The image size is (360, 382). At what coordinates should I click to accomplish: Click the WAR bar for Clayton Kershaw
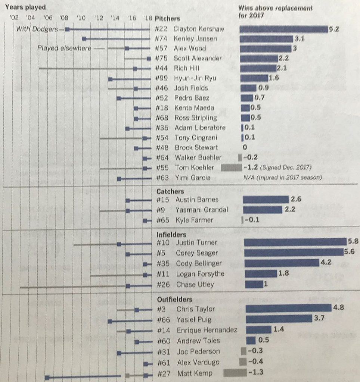[x=283, y=29]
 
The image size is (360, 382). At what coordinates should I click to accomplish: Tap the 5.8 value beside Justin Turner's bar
[x=353, y=242]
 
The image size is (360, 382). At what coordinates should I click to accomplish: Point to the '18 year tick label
[x=148, y=18]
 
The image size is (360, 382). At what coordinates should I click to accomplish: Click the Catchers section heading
[x=170, y=191]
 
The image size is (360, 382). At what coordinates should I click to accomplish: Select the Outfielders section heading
[x=174, y=299]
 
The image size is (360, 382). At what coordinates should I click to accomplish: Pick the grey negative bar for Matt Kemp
[x=235, y=373]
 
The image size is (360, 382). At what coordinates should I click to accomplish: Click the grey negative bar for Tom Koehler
[x=231, y=168]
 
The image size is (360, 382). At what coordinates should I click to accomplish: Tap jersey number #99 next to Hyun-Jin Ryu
[x=161, y=78]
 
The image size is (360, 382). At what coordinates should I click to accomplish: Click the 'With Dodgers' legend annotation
[x=37, y=29]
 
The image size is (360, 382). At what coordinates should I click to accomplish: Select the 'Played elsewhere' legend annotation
[x=64, y=48]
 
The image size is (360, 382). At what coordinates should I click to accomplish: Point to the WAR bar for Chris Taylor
[x=288, y=308]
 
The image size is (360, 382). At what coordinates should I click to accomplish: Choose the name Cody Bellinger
[x=199, y=263]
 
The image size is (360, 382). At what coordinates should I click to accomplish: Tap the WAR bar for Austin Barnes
[x=266, y=199]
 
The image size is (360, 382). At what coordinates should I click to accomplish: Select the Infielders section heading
[x=171, y=235]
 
